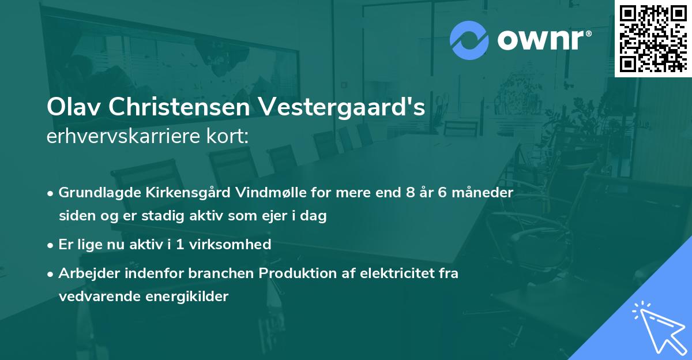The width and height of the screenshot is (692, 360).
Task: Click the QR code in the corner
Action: pos(653,39)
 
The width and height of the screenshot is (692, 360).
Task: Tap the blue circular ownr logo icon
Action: pos(469,40)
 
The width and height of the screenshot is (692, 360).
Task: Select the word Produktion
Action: pos(295,273)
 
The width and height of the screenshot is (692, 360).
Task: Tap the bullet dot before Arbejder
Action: pos(51,273)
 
